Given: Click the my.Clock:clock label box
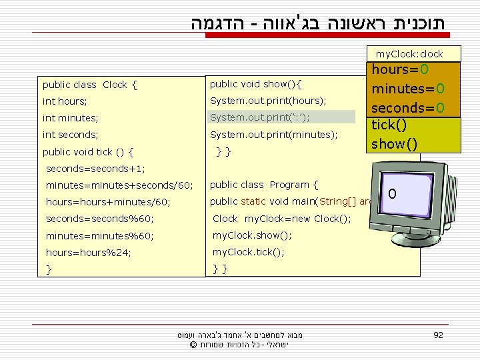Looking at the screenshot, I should click(x=409, y=54).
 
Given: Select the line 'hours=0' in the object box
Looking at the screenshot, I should click(x=400, y=70).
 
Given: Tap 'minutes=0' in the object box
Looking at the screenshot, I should click(x=408, y=89).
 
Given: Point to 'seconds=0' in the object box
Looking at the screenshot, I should click(x=408, y=107).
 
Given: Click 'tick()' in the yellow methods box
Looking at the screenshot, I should click(x=389, y=125).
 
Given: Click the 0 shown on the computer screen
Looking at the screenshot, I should click(x=393, y=194).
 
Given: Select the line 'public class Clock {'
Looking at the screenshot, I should click(x=89, y=85).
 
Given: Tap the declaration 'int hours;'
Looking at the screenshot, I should click(x=65, y=101).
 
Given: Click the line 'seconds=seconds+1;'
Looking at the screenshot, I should click(x=95, y=169).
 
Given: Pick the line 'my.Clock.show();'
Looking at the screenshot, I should click(x=252, y=235).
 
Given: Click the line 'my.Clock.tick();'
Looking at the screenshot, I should click(x=248, y=252).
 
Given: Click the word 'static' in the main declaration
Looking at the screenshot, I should click(x=254, y=201).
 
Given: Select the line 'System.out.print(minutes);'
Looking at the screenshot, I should click(x=273, y=135).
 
